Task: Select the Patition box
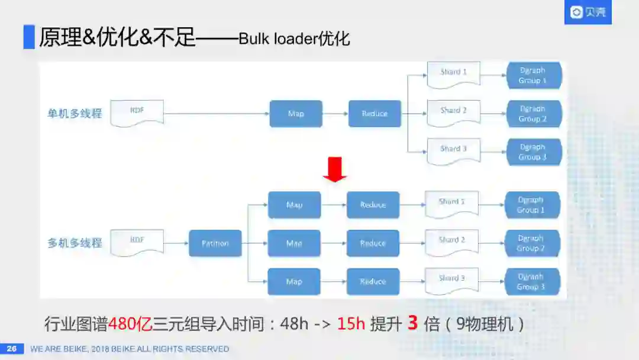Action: [215, 243]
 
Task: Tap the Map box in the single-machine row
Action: [296, 114]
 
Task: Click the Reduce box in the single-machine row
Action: [375, 114]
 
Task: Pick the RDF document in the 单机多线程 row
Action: [137, 112]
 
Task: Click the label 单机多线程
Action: [75, 113]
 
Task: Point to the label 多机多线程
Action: [75, 243]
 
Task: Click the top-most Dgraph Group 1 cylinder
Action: [532, 75]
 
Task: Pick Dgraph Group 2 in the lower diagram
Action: [531, 243]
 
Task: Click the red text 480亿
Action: [130, 324]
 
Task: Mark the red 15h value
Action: [351, 324]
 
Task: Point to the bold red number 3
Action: [413, 323]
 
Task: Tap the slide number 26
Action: [11, 349]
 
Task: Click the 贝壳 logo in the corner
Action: [588, 12]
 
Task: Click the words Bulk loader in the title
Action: [278, 39]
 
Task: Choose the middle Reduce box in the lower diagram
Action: [373, 243]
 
